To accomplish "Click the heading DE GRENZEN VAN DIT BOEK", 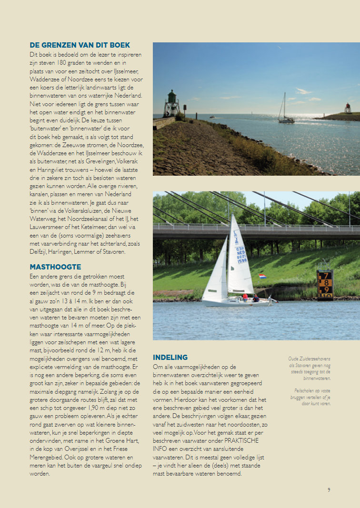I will click(80, 45).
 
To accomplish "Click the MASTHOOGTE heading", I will click(55, 267).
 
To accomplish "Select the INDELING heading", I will click(170, 357).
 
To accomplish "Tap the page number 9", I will click(329, 489).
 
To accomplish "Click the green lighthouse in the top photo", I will click(171, 103).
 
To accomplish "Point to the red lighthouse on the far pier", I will click(348, 108).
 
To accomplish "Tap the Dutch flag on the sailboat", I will click(262, 276).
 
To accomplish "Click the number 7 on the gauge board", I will click(326, 276).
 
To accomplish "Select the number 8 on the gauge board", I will click(326, 283).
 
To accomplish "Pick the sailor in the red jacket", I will click(245, 297).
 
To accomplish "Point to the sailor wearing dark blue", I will click(256, 298).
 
